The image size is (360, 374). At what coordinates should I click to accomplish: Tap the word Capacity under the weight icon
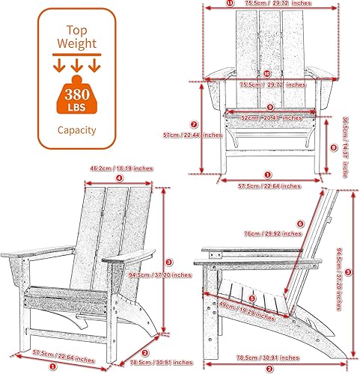(x=78, y=130)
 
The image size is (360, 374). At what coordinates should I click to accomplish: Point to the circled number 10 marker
(x=266, y=73)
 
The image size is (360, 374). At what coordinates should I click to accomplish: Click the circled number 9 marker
(x=269, y=107)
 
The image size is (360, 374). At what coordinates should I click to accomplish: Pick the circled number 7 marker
(x=194, y=124)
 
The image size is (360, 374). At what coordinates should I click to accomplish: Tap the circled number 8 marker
(x=333, y=147)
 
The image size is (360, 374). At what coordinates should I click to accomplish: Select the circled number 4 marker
(x=119, y=178)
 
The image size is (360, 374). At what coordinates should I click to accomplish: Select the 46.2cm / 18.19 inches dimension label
(x=119, y=168)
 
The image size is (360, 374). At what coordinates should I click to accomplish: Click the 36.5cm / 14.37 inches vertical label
(x=344, y=147)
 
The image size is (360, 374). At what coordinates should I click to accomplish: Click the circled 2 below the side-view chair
(x=269, y=369)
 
